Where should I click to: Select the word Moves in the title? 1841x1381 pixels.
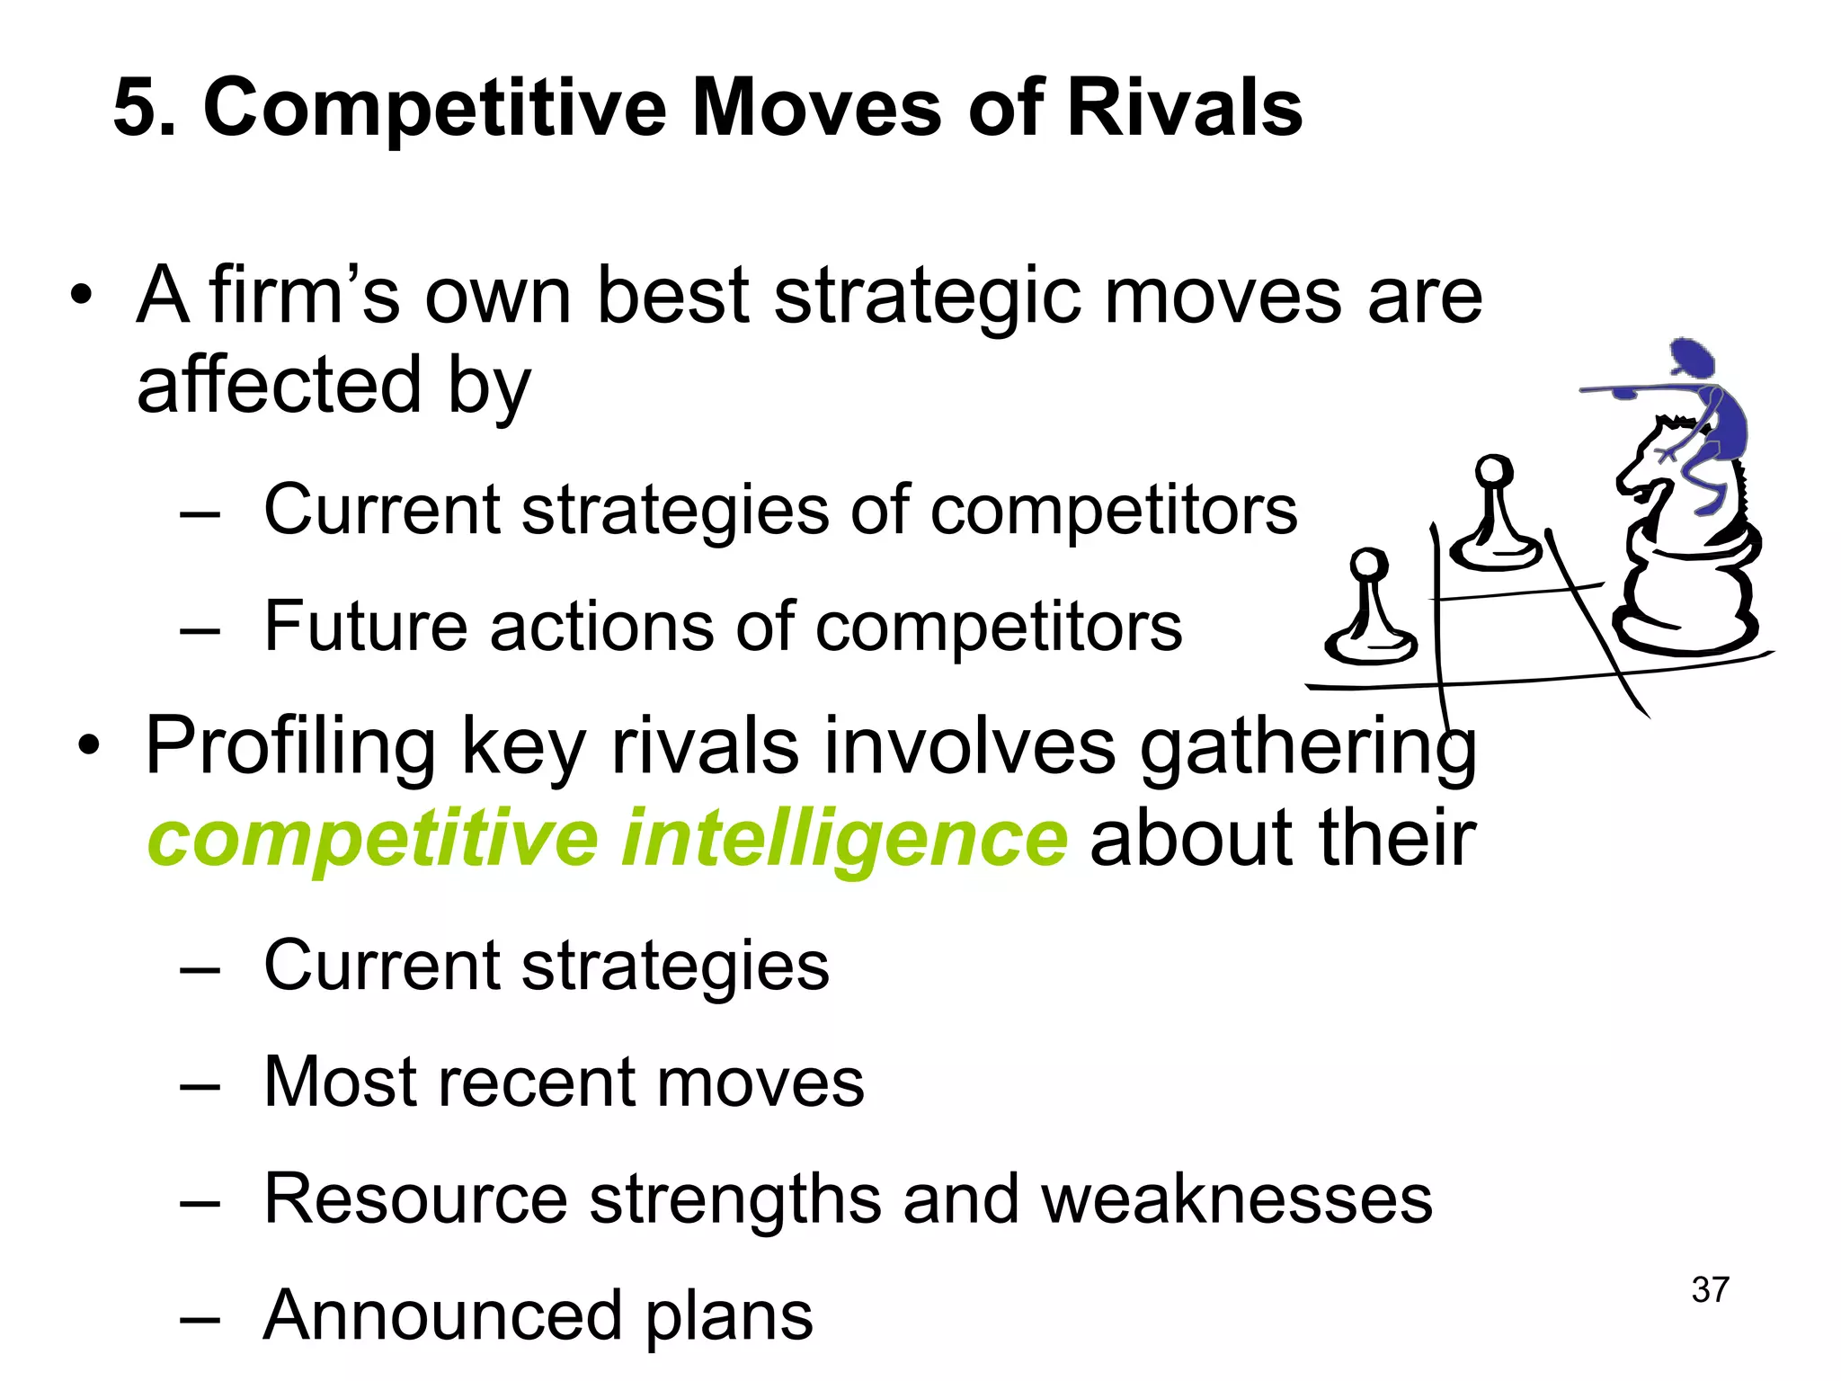(x=815, y=108)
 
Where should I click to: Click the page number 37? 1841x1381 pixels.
(x=1710, y=1290)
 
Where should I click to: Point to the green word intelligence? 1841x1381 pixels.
(x=844, y=839)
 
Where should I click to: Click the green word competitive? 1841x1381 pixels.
(x=373, y=839)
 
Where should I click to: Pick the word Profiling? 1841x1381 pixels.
(x=290, y=746)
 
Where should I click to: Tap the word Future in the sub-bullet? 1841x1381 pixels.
(x=365, y=626)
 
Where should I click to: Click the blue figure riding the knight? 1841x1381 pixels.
(x=1708, y=414)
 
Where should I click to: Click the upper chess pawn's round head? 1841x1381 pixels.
(x=1494, y=470)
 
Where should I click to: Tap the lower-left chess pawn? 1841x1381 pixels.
(x=1370, y=611)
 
